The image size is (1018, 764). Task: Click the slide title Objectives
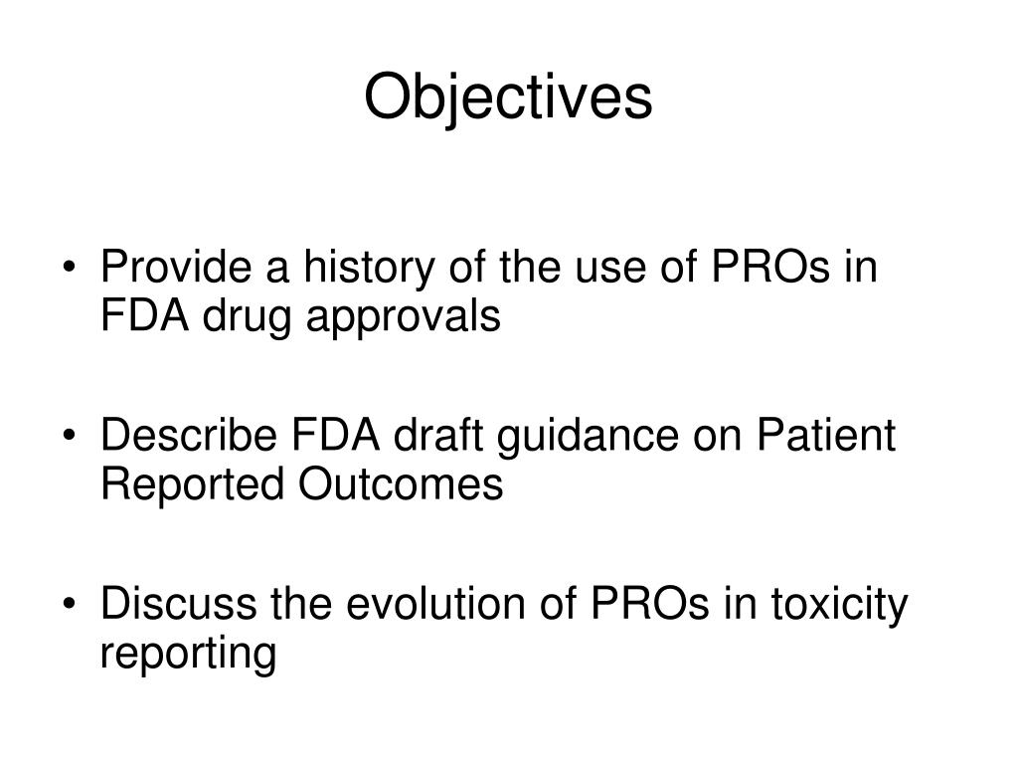click(x=508, y=98)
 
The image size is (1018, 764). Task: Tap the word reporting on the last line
click(x=187, y=655)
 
